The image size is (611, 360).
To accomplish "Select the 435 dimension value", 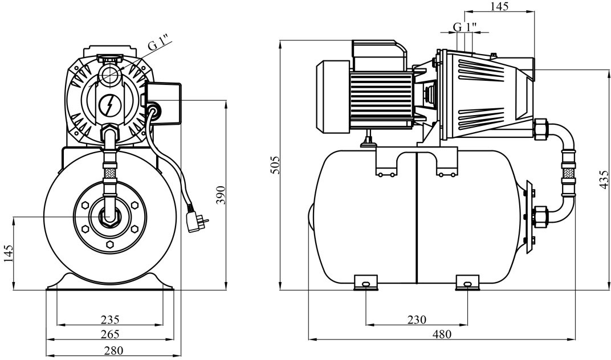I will (x=605, y=178).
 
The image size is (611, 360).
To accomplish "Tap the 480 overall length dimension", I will (x=442, y=334).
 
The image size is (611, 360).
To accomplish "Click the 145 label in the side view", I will (x=499, y=6).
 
